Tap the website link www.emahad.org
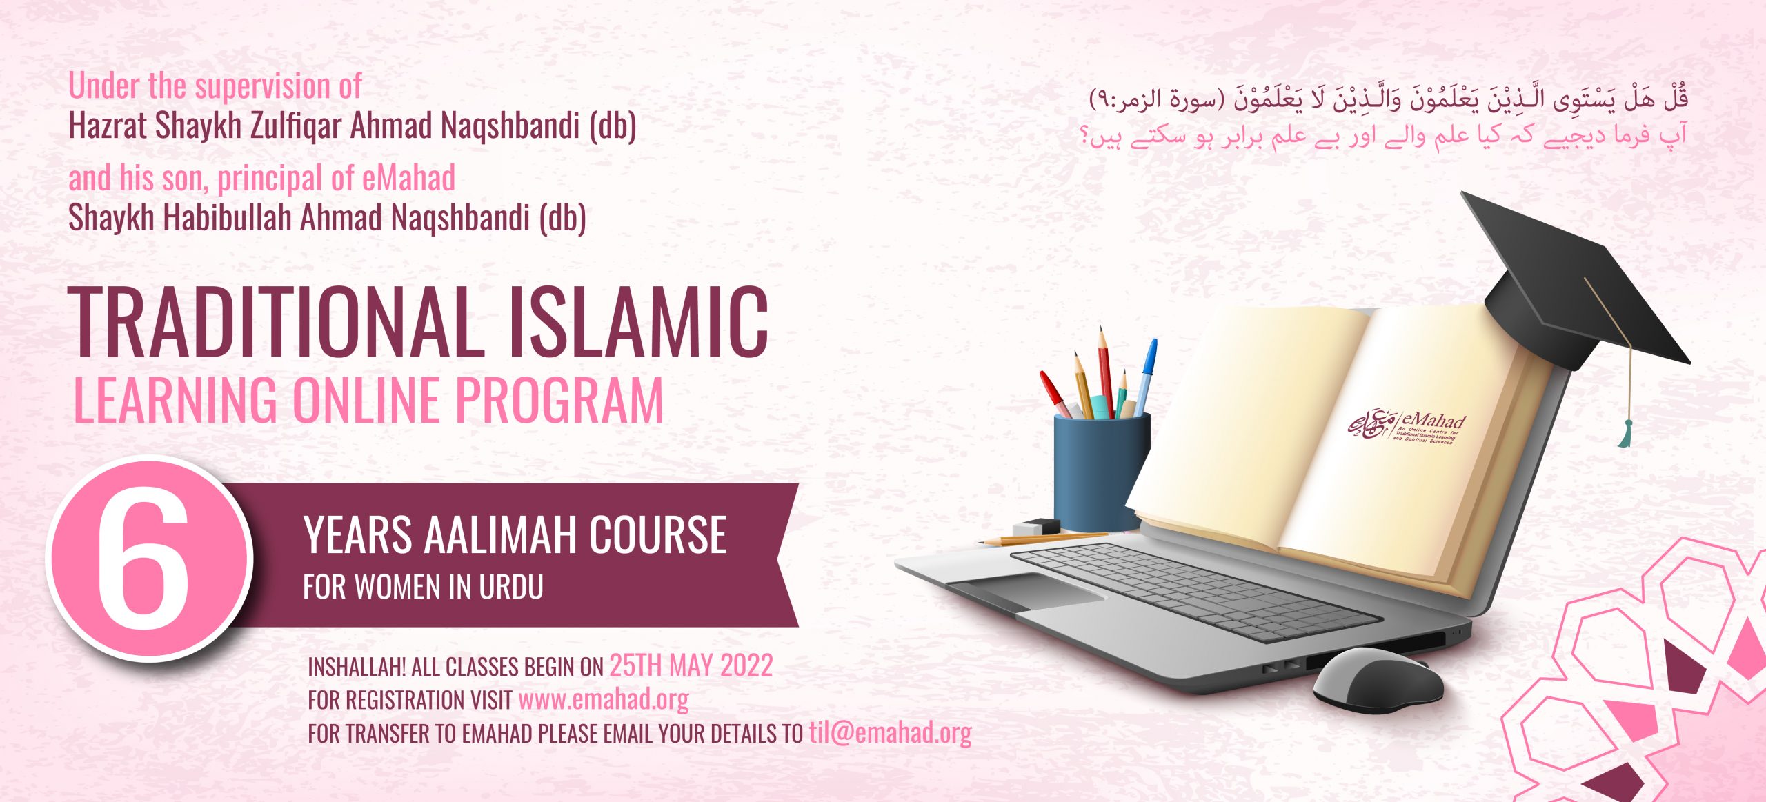click(x=604, y=700)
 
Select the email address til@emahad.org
click(x=890, y=733)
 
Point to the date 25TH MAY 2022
click(x=691, y=665)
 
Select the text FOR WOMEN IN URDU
click(x=423, y=587)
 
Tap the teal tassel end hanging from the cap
click(x=1625, y=434)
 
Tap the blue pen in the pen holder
click(x=1146, y=376)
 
